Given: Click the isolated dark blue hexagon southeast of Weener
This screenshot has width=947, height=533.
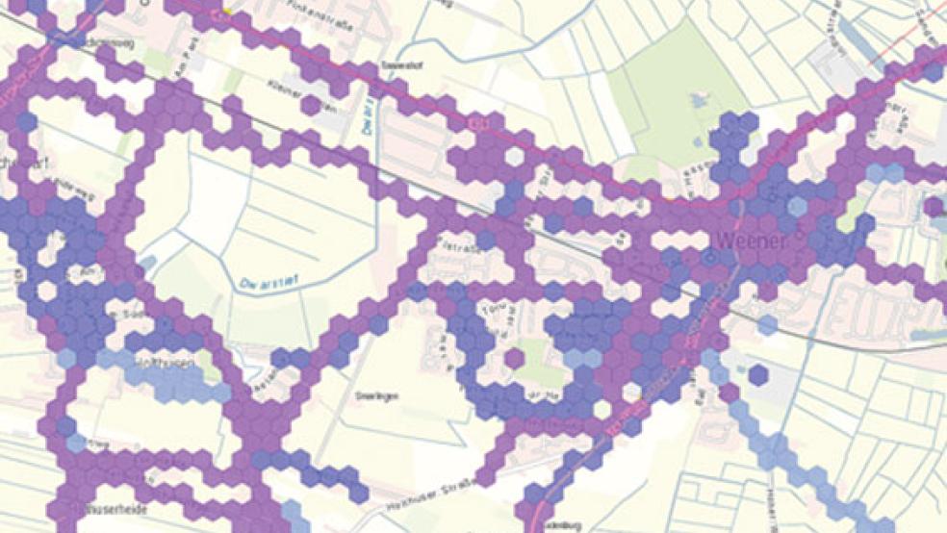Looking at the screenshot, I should pyautogui.click(x=758, y=373).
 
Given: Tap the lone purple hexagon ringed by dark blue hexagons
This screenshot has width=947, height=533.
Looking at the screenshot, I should pyautogui.click(x=515, y=359).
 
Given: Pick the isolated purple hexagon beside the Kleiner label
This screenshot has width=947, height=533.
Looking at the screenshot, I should pyautogui.click(x=310, y=103).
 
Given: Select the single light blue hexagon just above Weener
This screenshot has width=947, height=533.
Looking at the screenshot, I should pyautogui.click(x=798, y=205).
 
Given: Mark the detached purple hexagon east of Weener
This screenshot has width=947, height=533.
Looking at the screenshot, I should pyautogui.click(x=933, y=206).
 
